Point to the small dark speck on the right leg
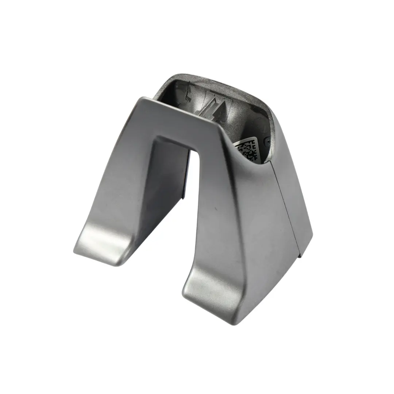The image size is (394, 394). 216,210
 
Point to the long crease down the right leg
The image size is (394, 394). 237,219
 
